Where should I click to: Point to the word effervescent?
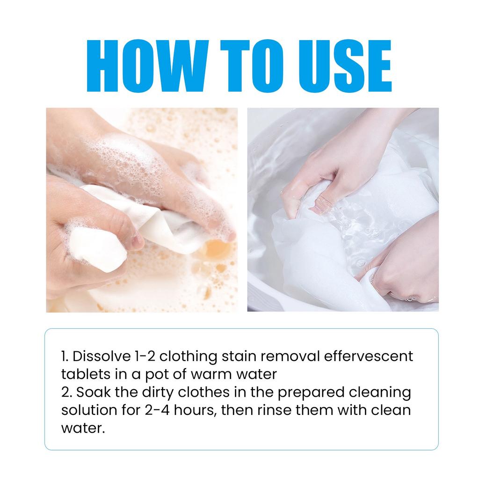369,356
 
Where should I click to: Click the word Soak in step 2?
94,392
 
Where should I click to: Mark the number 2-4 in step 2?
157,410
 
